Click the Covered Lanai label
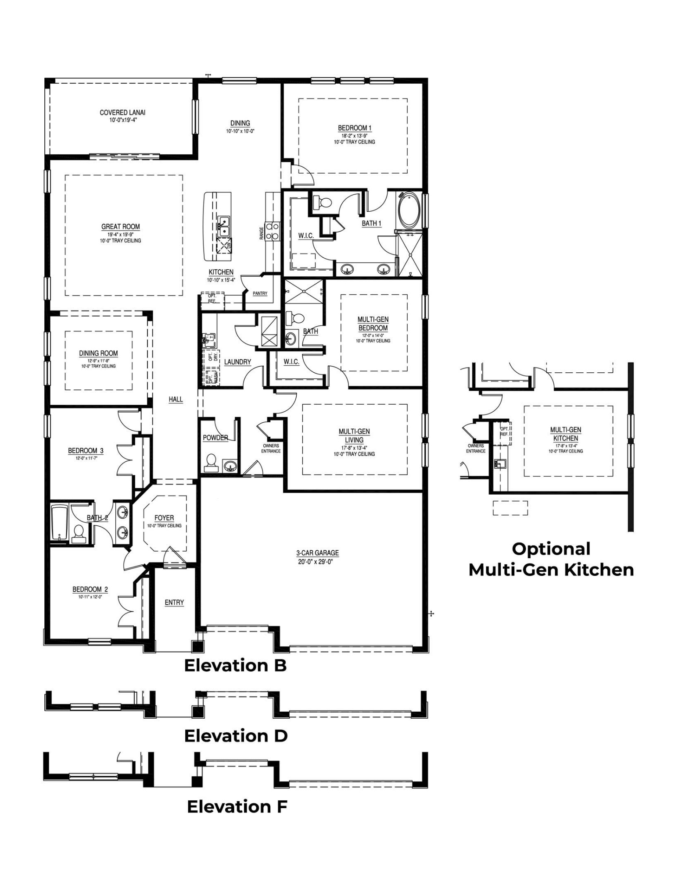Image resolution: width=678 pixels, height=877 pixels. click(122, 113)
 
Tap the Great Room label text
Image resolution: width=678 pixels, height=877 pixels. click(120, 227)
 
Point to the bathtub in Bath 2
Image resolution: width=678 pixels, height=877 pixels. click(59, 522)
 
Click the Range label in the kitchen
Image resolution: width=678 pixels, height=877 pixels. click(262, 233)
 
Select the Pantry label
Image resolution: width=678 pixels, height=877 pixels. click(260, 293)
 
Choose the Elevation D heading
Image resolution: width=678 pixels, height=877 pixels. click(236, 735)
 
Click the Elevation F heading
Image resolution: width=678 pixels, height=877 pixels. click(237, 806)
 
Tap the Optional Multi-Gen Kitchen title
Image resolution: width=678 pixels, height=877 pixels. click(551, 559)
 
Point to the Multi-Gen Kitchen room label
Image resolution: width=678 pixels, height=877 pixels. click(565, 434)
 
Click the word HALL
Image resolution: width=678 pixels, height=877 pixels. click(176, 399)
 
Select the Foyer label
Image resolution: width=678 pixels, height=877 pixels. click(164, 518)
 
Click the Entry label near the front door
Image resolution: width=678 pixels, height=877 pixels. click(174, 602)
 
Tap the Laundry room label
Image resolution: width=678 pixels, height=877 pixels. click(237, 362)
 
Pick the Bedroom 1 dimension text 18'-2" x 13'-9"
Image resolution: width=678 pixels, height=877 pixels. click(354, 135)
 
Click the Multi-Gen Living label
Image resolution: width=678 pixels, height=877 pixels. click(354, 435)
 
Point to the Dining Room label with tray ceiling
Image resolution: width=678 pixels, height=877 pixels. click(98, 353)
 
